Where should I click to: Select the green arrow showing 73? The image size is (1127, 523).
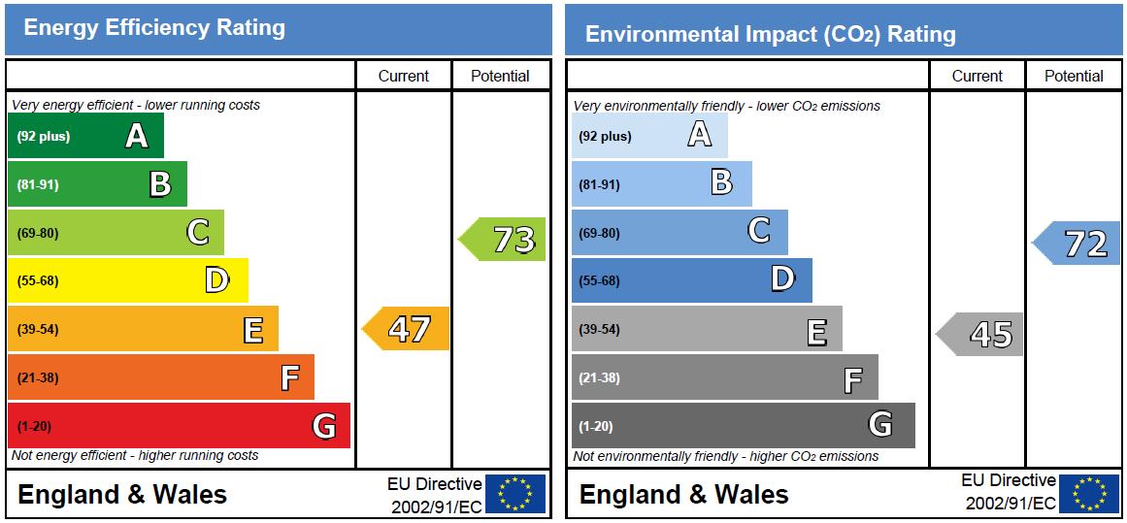point(504,240)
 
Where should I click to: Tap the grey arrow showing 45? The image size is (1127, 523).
point(981,335)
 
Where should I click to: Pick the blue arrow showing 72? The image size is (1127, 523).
point(1077,243)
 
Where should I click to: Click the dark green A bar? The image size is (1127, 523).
point(85,136)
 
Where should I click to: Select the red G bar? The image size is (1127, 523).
point(179,425)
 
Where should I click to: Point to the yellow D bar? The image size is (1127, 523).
point(127,280)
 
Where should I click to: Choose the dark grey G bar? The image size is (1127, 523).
point(743,425)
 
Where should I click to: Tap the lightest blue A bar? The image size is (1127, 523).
point(648,136)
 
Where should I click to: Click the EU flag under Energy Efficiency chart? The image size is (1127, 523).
point(515,494)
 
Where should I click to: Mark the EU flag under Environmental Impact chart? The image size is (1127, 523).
point(1089,494)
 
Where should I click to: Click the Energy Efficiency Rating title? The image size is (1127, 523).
point(154,28)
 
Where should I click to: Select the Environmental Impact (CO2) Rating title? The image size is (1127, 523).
point(771,35)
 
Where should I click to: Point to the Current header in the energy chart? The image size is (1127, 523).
point(404,76)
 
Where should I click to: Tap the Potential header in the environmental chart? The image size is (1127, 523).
point(1074,76)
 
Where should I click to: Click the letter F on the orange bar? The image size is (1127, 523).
point(289,377)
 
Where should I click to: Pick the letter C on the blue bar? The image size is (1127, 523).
point(759,231)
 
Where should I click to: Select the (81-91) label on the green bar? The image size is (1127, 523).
point(38,184)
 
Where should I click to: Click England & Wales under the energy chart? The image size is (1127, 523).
point(122,495)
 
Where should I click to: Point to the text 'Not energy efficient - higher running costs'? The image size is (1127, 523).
point(135,455)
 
